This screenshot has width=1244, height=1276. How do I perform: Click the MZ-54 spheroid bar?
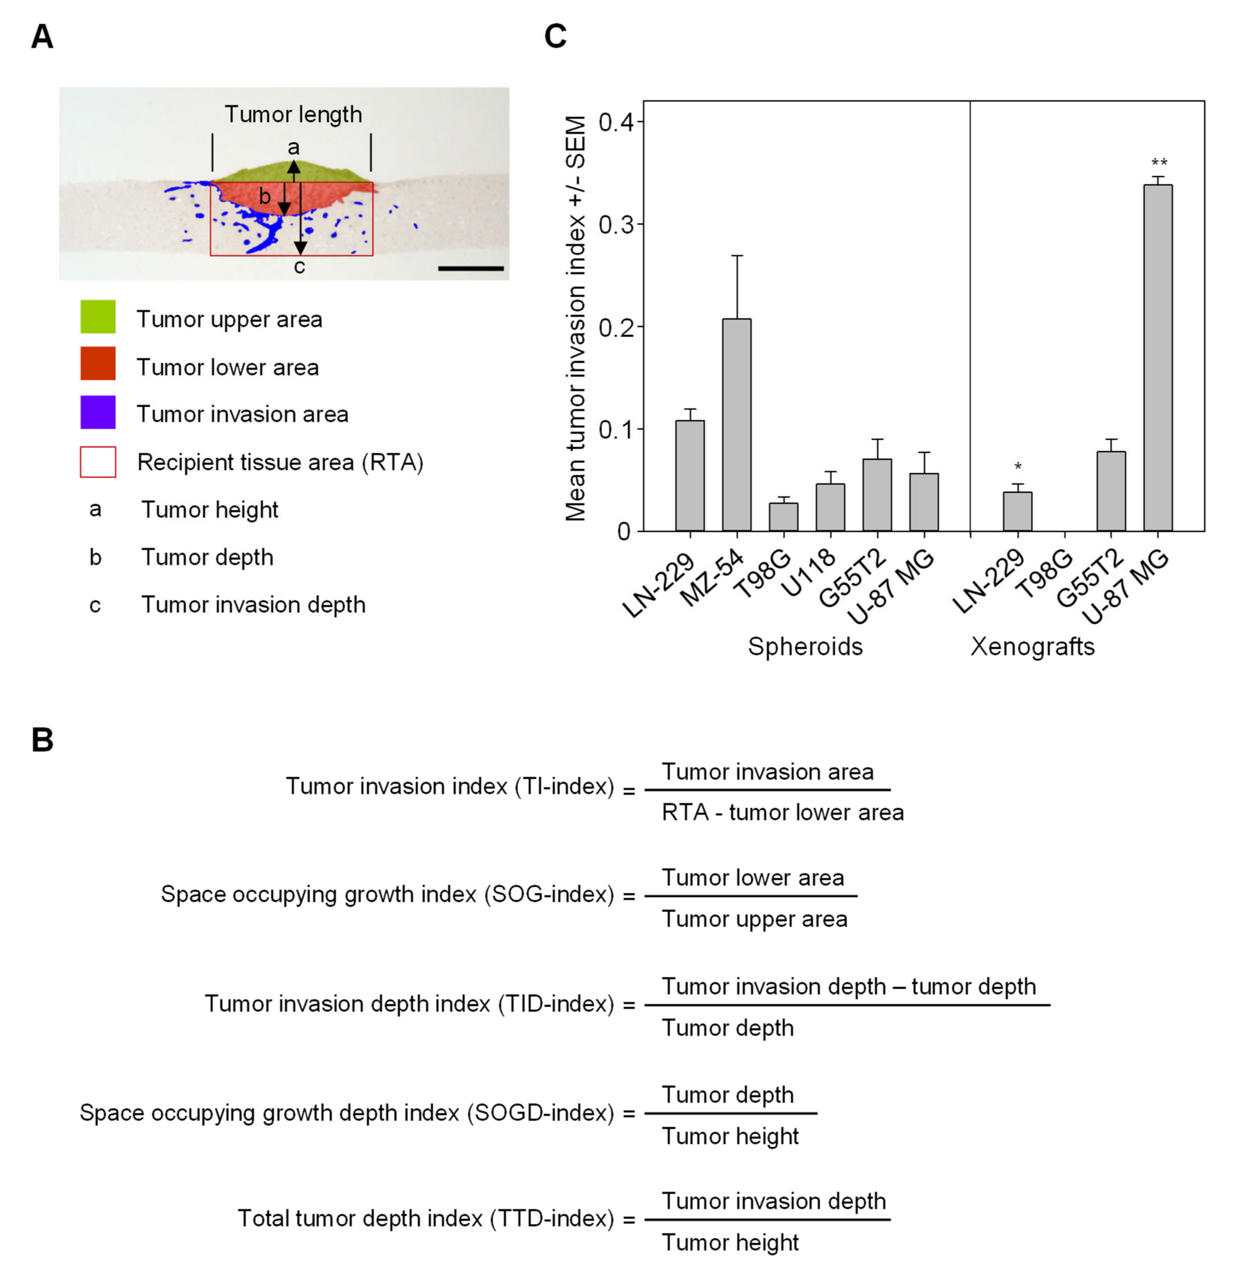coord(736,425)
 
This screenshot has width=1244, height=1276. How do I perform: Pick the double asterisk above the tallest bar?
coord(1159,162)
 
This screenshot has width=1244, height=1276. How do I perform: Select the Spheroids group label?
coord(805,647)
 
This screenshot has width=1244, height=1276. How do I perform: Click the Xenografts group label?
coord(1032,647)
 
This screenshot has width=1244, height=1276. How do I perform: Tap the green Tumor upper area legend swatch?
coord(98,317)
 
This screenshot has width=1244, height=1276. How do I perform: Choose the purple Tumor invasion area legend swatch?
coord(98,412)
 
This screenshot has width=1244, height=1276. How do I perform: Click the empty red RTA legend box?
coord(98,462)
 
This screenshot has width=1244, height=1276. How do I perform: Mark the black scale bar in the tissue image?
coord(471,268)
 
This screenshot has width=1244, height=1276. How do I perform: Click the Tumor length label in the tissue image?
coord(293,115)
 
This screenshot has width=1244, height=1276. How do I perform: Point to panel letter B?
coord(42,740)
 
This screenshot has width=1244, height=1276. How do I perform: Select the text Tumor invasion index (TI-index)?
coord(450,786)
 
